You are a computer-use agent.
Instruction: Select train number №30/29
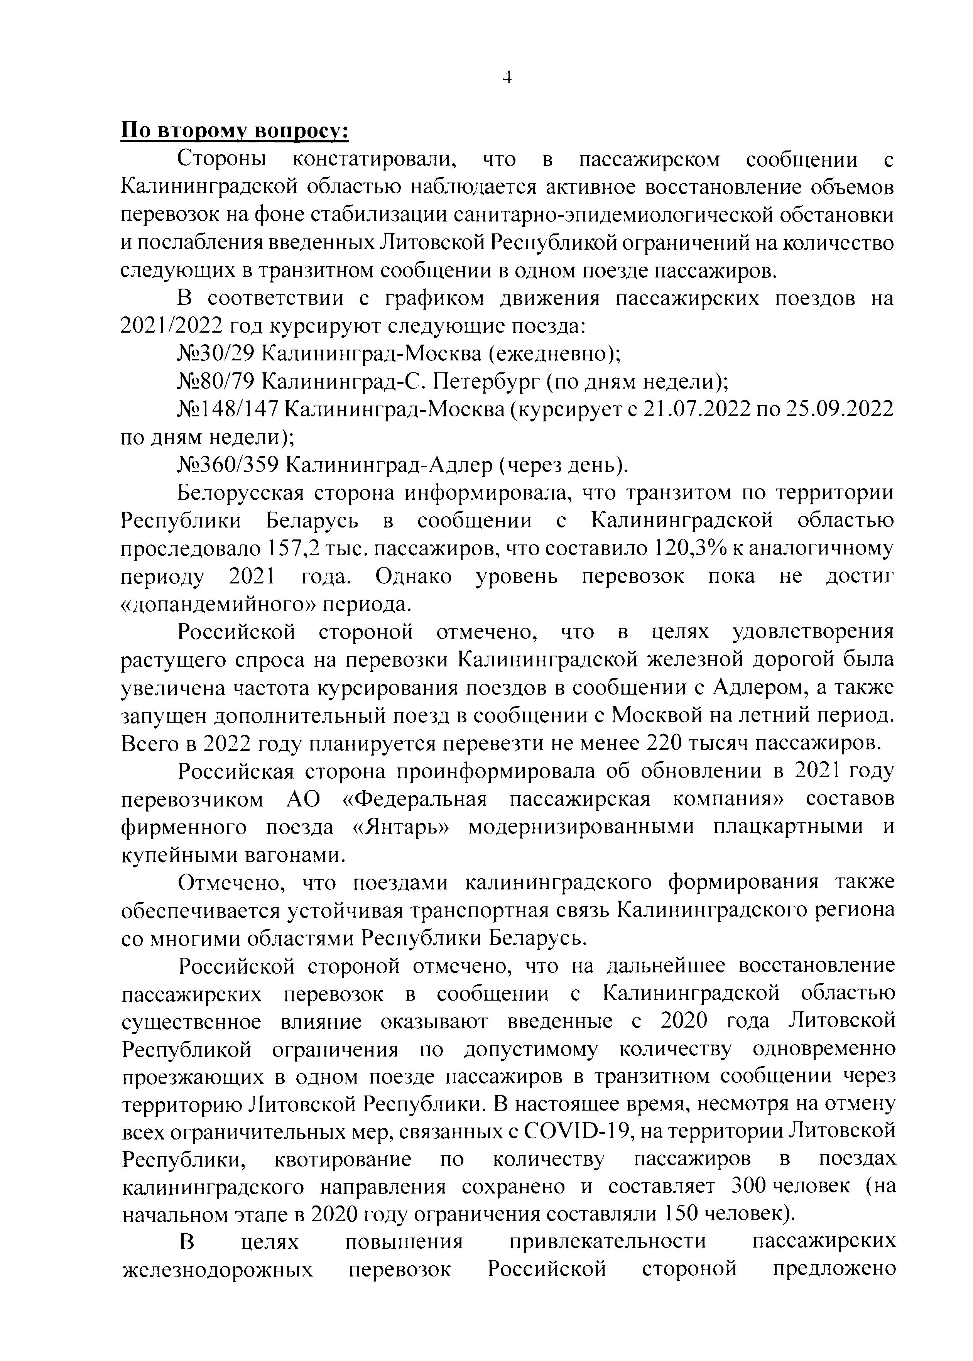(x=217, y=354)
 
